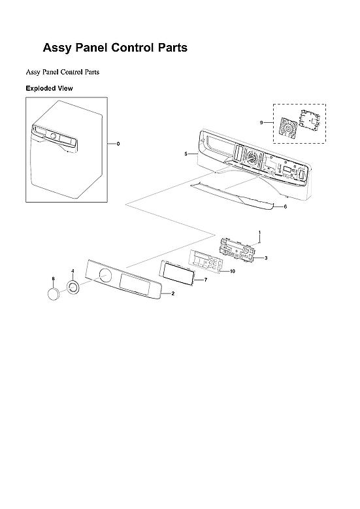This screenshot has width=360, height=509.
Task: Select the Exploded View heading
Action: click(49, 88)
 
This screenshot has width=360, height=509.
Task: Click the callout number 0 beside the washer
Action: click(118, 143)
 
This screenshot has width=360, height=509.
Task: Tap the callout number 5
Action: click(186, 154)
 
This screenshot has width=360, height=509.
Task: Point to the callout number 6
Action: click(286, 206)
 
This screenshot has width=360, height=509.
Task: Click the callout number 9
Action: click(261, 122)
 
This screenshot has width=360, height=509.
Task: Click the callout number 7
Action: click(205, 280)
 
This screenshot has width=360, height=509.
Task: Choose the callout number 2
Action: click(172, 295)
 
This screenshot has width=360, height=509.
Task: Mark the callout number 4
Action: click(73, 271)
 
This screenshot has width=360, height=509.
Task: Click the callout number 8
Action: click(53, 280)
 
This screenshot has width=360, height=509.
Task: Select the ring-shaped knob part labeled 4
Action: click(73, 287)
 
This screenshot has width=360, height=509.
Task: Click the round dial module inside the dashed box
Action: click(284, 127)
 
